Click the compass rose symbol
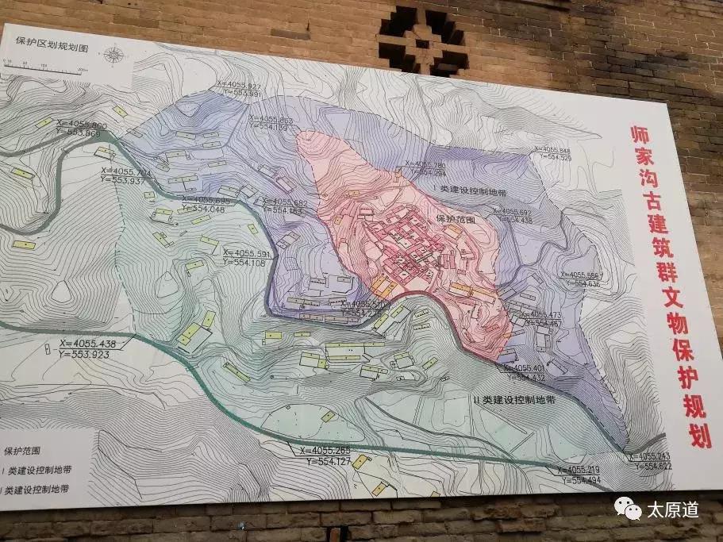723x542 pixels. [x=115, y=55]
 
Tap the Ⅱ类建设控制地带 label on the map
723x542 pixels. [x=513, y=401]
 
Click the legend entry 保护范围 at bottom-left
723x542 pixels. [x=25, y=451]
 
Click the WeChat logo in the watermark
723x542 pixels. [x=628, y=508]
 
